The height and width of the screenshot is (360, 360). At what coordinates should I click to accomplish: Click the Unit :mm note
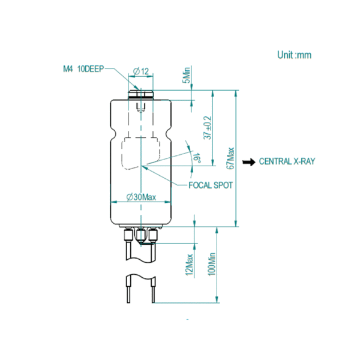(x=294, y=55)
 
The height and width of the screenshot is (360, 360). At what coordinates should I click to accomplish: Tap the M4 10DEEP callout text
(x=83, y=69)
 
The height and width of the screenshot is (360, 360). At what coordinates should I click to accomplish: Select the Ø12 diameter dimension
(x=141, y=71)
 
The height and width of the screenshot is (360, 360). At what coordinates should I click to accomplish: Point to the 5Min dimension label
(x=187, y=75)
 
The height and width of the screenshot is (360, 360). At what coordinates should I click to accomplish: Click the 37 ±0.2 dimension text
(x=208, y=128)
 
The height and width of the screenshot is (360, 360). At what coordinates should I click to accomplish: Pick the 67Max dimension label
(x=230, y=158)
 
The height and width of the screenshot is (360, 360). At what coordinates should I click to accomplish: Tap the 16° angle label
(x=197, y=158)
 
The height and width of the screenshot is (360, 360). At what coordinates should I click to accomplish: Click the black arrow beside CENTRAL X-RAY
(x=249, y=162)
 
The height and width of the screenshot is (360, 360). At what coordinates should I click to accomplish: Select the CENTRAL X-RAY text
(x=287, y=161)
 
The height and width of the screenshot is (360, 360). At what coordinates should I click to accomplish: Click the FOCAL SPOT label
(x=211, y=185)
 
